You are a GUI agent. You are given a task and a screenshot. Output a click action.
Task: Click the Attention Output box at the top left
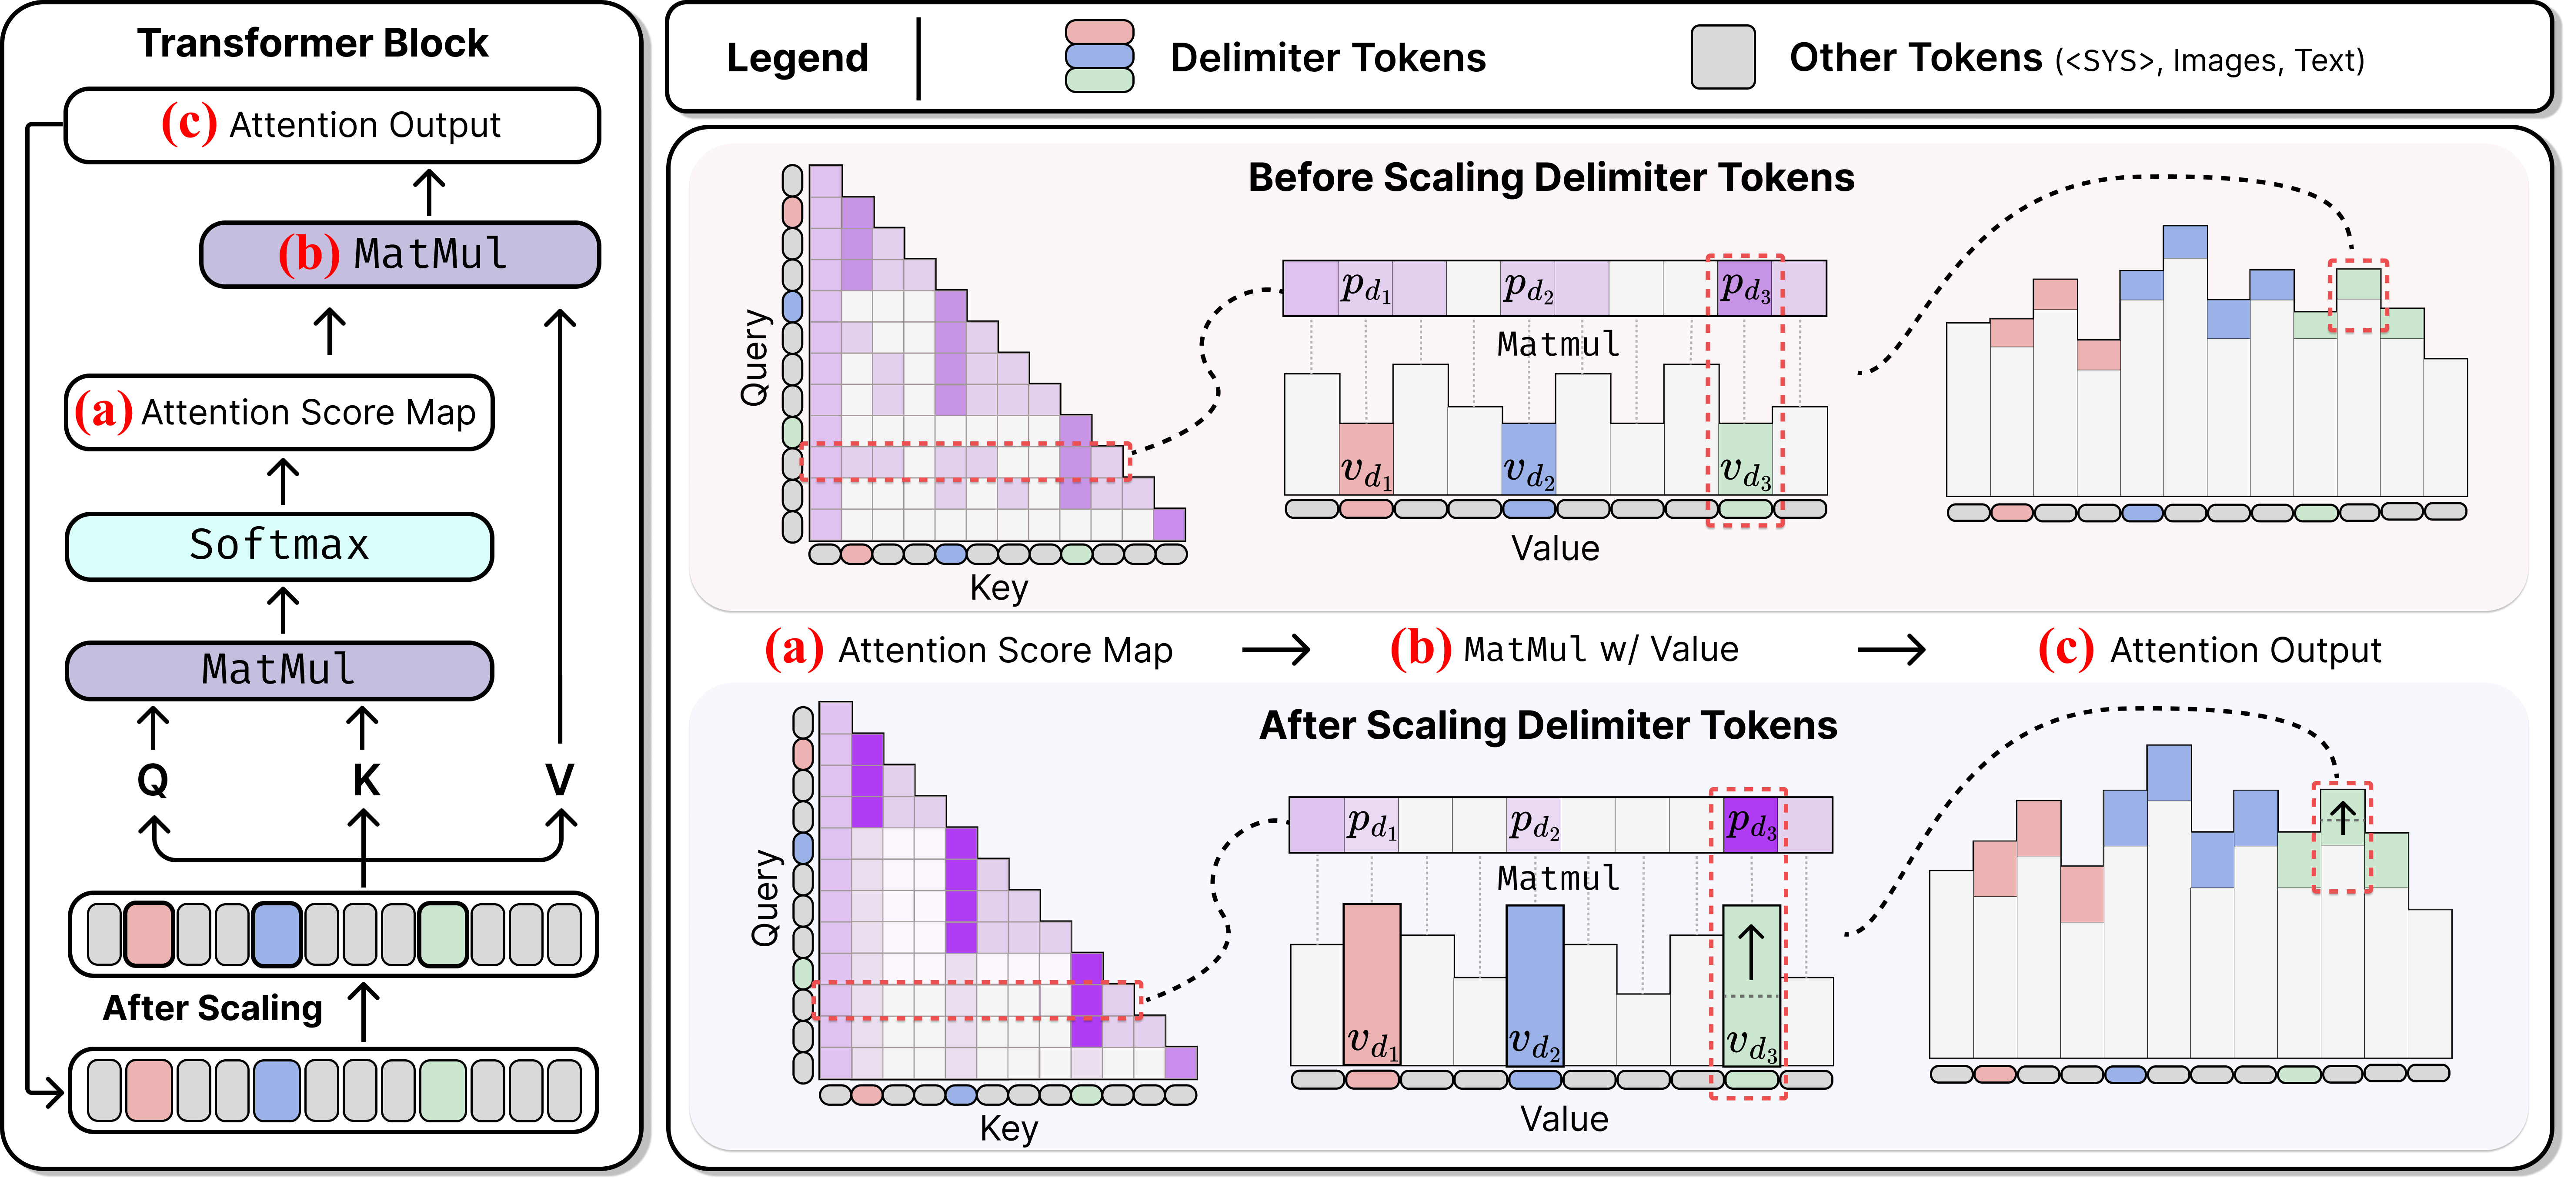pos(332,125)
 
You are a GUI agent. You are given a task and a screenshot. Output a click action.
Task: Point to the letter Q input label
pos(152,780)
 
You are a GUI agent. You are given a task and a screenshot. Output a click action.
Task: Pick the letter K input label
pos(365,780)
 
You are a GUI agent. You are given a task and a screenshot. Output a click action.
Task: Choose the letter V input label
pos(559,780)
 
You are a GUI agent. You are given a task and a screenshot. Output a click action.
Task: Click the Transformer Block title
pos(313,44)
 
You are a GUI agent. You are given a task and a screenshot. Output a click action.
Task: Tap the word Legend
pos(797,58)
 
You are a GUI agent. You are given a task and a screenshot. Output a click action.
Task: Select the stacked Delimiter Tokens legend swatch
pos(1099,57)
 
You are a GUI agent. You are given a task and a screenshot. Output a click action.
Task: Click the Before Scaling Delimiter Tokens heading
pos(1551,177)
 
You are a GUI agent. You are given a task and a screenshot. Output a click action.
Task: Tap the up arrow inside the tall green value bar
pos(1751,950)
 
